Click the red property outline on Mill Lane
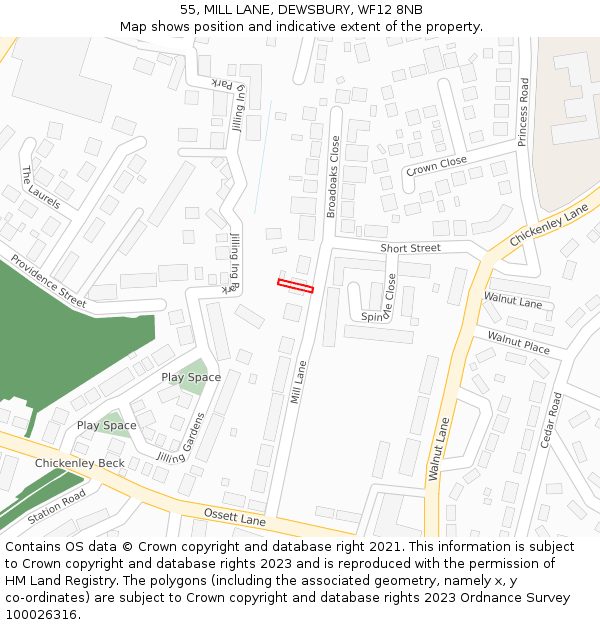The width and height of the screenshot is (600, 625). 295,286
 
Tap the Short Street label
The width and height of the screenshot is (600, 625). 410,248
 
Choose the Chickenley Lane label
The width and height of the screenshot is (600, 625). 549,228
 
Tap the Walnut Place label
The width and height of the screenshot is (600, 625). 518,344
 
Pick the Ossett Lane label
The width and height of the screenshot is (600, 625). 235,516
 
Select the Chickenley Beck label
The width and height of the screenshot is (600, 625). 80,463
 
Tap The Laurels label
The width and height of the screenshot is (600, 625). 40,188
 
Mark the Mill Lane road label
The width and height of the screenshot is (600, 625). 298,381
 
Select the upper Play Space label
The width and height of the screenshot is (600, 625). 191,377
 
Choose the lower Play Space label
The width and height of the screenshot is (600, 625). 107,425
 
